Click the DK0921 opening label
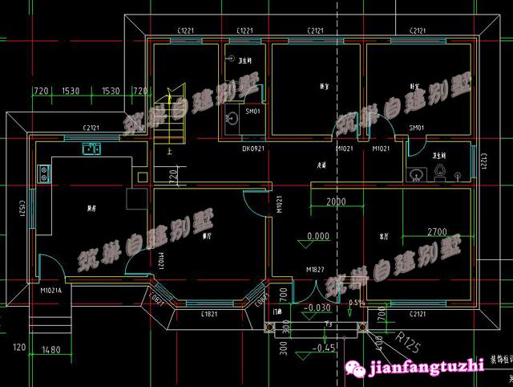pos(254,149)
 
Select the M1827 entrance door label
pos(313,269)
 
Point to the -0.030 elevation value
pos(319,308)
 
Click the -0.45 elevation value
pos(325,348)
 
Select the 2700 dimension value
pos(437,231)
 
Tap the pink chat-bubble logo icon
pos(356,367)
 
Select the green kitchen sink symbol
pos(91,148)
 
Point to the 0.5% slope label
pos(357,302)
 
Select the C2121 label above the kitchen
pos(91,128)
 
